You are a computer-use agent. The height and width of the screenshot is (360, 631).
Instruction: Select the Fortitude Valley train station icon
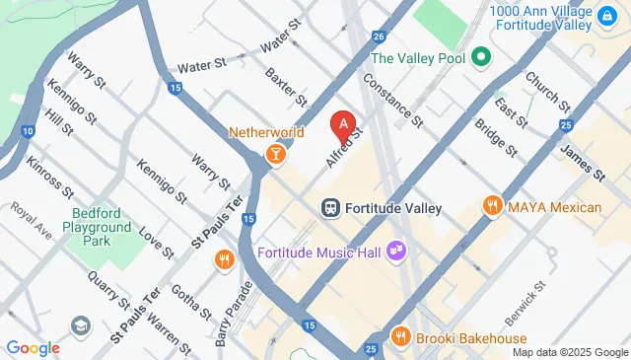click(x=331, y=208)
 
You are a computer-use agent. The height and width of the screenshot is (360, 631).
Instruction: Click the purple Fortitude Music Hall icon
click(x=399, y=252)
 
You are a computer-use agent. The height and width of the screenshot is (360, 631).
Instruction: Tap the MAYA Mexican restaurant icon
click(x=491, y=206)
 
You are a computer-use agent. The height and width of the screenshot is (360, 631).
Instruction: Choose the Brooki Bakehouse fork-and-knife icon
click(x=399, y=337)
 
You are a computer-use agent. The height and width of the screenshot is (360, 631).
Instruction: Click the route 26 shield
click(x=379, y=36)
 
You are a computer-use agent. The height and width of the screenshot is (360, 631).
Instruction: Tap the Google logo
click(x=33, y=347)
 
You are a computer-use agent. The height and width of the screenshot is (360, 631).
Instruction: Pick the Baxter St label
click(x=287, y=88)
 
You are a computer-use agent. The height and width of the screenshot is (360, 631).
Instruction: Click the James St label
click(x=581, y=162)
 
